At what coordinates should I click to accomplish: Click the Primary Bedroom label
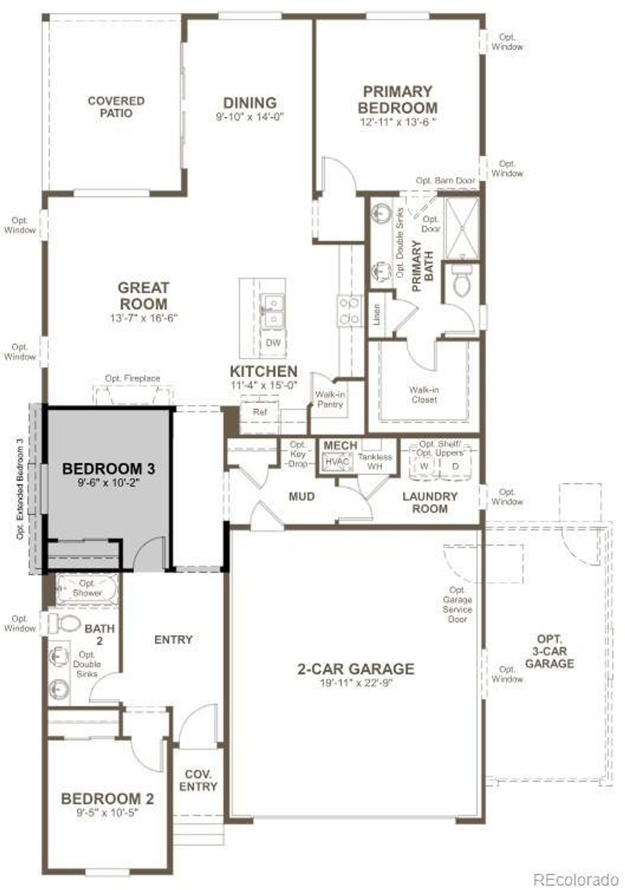pos(397,100)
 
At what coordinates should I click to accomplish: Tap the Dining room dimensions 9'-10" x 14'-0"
pos(250,117)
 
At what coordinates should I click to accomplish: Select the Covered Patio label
pos(116,107)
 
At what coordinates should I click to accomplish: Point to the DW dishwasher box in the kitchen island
pos(273,343)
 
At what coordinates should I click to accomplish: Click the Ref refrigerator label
pos(260,412)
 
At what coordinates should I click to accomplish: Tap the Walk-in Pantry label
pos(330,399)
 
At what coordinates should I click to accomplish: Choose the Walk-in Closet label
pos(424,395)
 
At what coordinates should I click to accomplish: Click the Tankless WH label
pos(375,462)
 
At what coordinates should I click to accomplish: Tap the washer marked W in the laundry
pos(424,466)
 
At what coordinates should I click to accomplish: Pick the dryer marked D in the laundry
pos(455,466)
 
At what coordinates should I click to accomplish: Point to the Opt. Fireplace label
pos(132,378)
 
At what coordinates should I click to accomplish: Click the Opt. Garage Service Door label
pos(458,605)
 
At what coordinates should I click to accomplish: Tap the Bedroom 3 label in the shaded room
pos(108,469)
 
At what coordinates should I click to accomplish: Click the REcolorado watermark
pos(576,880)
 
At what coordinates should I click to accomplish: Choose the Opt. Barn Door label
pos(445,181)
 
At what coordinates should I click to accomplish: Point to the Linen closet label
pos(377,315)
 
